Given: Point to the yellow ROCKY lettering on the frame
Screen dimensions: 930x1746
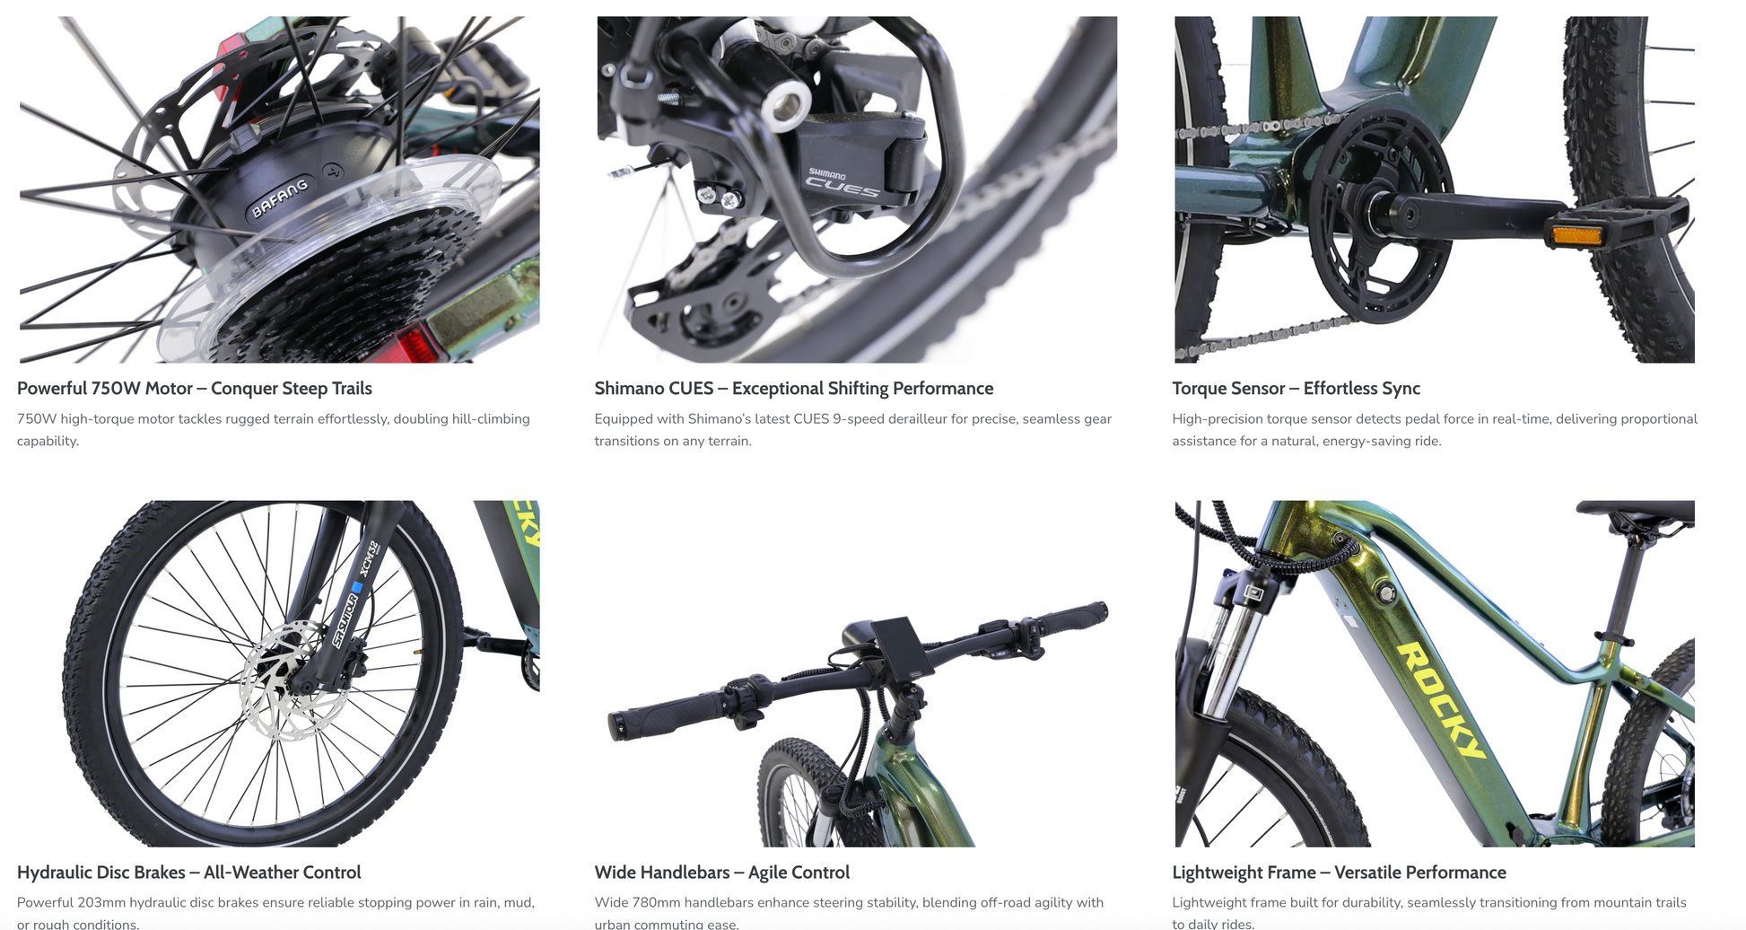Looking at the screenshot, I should click(1441, 699).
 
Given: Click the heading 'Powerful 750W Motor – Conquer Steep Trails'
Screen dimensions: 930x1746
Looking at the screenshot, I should click(195, 389).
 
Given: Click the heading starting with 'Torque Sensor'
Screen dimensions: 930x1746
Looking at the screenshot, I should click(1296, 389).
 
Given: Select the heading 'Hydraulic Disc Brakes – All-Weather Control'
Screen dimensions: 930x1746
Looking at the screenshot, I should click(189, 873).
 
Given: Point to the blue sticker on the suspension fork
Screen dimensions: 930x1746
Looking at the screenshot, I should click(357, 588).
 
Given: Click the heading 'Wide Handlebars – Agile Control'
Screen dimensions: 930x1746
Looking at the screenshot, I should click(721, 873).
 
